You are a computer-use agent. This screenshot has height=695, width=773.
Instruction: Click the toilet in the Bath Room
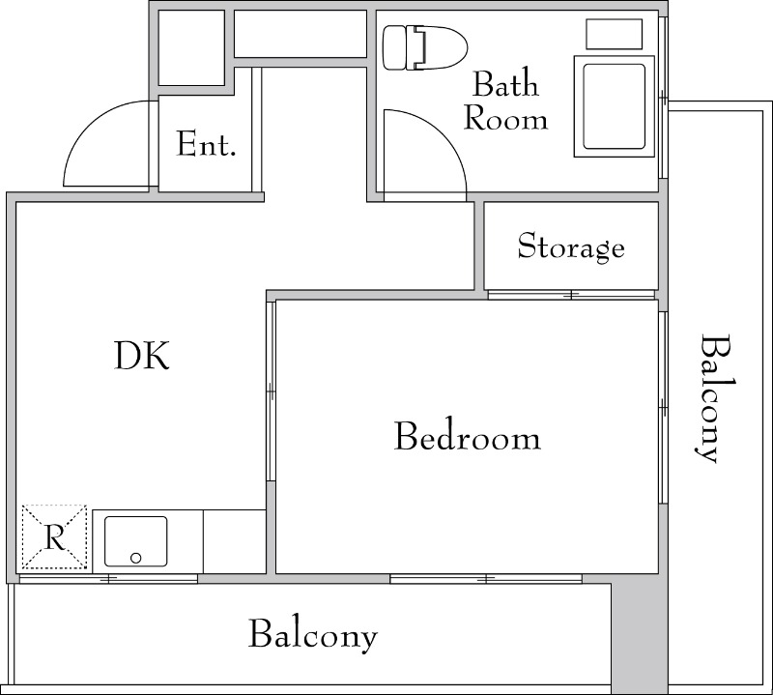425,47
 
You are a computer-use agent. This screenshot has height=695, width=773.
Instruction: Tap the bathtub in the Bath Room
614,106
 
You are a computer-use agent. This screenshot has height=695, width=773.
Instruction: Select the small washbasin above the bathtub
614,34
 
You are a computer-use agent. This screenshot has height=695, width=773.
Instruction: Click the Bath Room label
505,101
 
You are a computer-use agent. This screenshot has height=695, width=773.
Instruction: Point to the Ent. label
206,144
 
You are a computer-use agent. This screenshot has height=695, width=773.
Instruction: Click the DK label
142,355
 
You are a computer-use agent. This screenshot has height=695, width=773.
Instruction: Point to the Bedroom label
468,436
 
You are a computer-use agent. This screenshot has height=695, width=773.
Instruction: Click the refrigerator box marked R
54,536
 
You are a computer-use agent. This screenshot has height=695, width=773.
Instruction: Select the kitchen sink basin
136,541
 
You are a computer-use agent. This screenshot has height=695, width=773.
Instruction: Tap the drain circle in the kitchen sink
136,558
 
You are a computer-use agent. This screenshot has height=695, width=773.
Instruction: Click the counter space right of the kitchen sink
235,541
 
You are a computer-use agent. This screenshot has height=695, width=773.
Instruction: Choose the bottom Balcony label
312,634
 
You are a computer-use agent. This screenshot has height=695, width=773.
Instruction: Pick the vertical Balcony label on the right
715,398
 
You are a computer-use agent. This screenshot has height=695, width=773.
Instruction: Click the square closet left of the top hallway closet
191,47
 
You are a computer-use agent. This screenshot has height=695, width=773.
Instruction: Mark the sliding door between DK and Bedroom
271,391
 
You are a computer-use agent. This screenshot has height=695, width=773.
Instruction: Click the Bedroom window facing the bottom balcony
486,579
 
